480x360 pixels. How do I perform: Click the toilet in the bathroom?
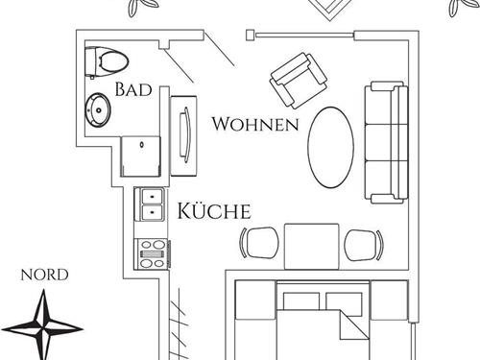coord(107,61)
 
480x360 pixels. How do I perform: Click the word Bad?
coord(133,90)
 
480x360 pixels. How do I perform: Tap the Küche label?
coord(212,211)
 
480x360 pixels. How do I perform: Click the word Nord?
coord(44,275)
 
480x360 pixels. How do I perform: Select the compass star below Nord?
coord(44,324)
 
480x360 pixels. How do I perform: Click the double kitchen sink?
coord(152,202)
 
